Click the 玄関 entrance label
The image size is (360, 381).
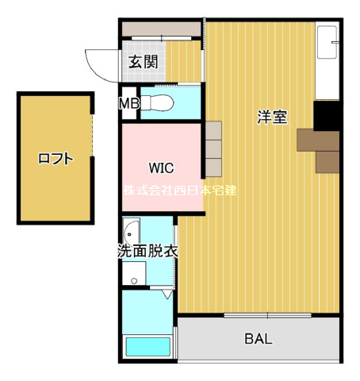[x=143, y=62]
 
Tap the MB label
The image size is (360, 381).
[x=129, y=103]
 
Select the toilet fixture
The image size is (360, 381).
[x=157, y=102]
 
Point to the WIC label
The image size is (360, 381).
[x=161, y=167]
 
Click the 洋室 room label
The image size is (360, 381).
[x=272, y=117]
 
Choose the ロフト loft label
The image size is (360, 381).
[x=56, y=159]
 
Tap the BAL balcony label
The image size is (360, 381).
[x=259, y=339]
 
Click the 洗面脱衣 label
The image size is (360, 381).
[x=147, y=251]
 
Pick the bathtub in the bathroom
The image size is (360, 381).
[x=148, y=347]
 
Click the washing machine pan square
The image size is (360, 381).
[x=134, y=273]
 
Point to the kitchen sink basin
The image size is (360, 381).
[x=327, y=42]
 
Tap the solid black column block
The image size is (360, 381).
[x=327, y=116]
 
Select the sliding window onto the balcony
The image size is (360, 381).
[x=267, y=315]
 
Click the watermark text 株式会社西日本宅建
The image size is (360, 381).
[x=180, y=190]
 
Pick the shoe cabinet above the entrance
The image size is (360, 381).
[x=161, y=29]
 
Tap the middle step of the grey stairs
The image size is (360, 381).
[x=213, y=149]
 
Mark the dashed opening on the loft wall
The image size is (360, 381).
[x=92, y=135]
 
